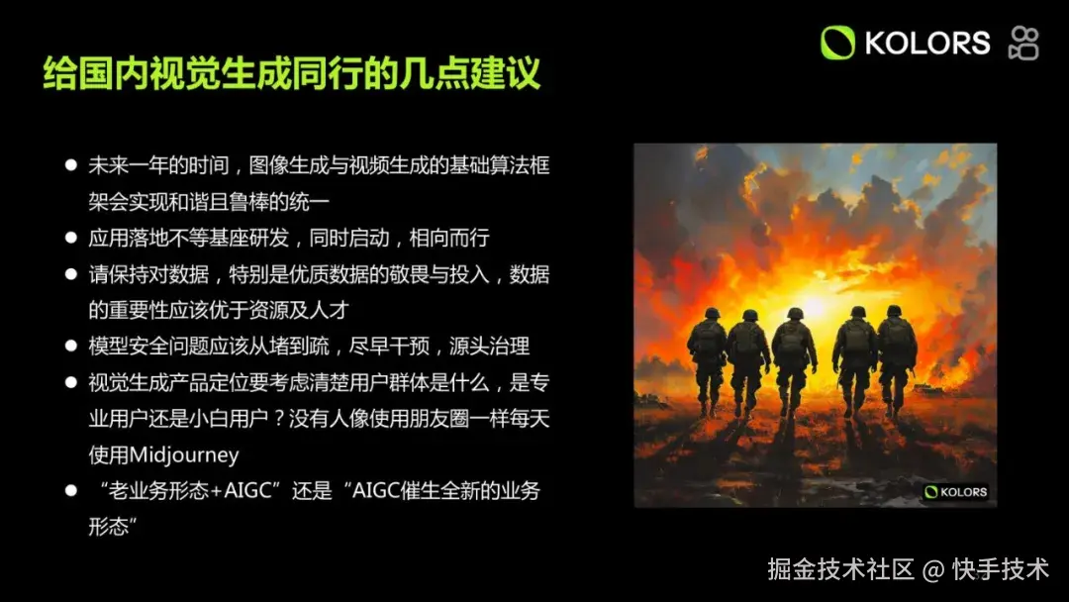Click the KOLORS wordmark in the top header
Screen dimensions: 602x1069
[926, 43]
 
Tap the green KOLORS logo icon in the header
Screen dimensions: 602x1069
[837, 43]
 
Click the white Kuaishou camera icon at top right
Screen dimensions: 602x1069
[1023, 44]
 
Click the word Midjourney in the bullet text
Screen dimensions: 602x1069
[163, 454]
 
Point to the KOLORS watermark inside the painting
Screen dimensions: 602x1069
[956, 491]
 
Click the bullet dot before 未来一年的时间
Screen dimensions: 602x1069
[70, 164]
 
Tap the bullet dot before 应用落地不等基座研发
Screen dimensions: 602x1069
[70, 238]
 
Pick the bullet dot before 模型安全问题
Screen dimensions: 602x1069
[70, 346]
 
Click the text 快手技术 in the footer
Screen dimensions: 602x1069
[1000, 569]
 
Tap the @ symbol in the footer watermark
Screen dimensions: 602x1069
[931, 570]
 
